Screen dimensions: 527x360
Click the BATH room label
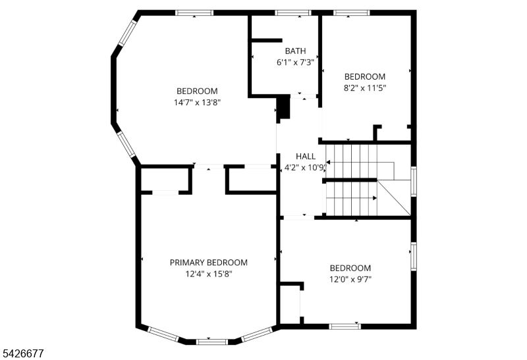(x=295, y=51)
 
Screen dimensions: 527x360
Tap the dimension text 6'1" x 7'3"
(x=295, y=63)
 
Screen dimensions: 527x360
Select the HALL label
(x=306, y=156)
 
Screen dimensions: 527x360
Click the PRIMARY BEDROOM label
(x=209, y=263)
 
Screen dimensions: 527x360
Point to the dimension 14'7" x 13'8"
(x=197, y=103)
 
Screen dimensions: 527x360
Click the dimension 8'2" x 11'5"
(x=365, y=88)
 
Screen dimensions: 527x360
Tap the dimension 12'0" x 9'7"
(x=350, y=280)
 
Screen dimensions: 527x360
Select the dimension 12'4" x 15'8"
(x=209, y=274)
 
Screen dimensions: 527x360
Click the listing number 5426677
(x=23, y=353)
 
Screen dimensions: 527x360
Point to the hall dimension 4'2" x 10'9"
(x=306, y=168)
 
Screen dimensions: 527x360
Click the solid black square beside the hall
(x=283, y=107)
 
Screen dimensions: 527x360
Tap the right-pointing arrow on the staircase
(x=351, y=198)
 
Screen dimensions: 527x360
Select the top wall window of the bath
(x=292, y=13)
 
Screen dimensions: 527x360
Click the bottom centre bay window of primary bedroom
(x=212, y=342)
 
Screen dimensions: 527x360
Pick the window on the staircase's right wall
(x=414, y=182)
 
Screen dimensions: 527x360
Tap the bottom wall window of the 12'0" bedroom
(x=345, y=326)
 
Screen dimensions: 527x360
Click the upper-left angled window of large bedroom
(x=128, y=32)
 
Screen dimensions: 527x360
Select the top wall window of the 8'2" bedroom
(x=352, y=13)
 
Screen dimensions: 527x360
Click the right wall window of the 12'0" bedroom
(x=414, y=257)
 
